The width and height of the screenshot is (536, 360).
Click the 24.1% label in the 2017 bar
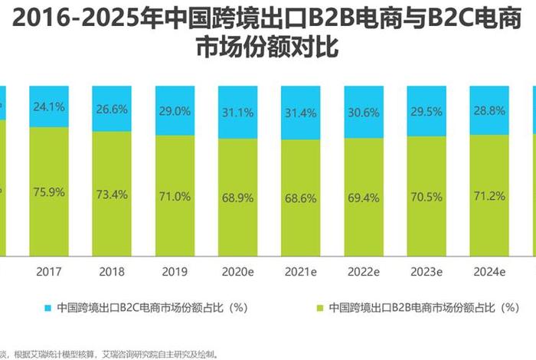(48, 106)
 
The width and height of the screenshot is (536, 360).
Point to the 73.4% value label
(112, 195)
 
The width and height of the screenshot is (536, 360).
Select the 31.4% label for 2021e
(301, 113)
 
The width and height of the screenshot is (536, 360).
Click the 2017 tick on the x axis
(48, 272)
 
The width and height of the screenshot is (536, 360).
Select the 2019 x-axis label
(175, 272)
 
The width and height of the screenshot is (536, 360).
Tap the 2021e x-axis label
(301, 272)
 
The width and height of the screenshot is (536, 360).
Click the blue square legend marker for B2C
(47, 308)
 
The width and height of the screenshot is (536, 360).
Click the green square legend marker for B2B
(319, 308)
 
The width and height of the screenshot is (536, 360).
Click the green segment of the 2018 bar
(112, 222)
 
